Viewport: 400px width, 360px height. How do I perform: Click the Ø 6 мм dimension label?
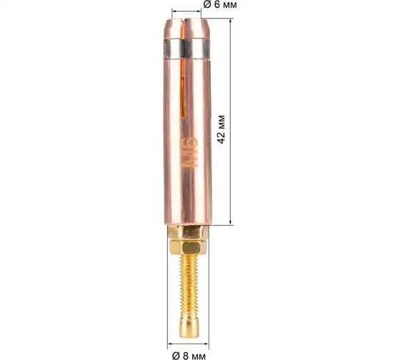(x=220, y=4)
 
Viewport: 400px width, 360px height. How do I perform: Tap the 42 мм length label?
(x=221, y=129)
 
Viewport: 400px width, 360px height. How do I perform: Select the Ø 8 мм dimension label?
(x=189, y=355)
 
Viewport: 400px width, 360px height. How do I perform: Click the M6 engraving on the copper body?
(x=190, y=152)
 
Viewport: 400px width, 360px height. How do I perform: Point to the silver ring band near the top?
(x=186, y=49)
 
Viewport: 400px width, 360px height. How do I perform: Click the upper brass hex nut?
(x=189, y=232)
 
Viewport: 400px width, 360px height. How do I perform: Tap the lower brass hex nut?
(x=189, y=247)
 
